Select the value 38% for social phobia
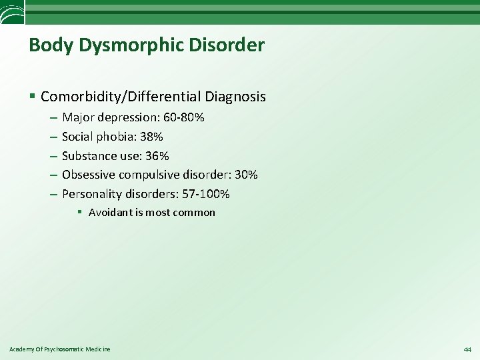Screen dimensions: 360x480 point(151,137)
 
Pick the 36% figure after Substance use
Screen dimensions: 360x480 point(158,156)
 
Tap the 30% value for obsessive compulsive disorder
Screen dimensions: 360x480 point(246,175)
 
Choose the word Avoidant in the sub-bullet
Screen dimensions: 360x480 point(110,213)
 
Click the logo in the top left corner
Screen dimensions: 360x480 point(12,11)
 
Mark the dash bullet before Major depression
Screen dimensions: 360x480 point(53,117)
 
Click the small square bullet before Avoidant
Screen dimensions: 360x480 point(79,213)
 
